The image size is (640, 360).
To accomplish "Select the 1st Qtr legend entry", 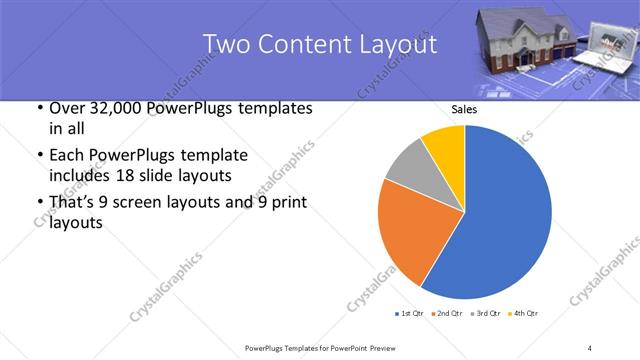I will click(410, 314).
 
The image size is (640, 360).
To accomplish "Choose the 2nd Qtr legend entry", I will click(445, 314).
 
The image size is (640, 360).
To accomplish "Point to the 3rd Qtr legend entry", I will click(485, 314).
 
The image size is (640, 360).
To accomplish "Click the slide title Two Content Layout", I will click(319, 45).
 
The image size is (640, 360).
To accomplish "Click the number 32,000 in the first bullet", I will click(110, 108).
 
